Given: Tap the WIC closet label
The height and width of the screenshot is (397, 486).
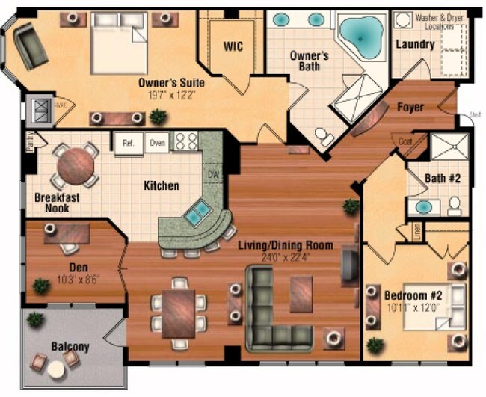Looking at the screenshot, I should [233, 46].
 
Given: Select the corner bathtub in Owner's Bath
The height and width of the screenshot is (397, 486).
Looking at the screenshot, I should [361, 34].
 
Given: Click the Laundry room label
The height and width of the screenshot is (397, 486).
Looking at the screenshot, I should [415, 45].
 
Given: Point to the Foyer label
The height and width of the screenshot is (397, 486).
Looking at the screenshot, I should [410, 108].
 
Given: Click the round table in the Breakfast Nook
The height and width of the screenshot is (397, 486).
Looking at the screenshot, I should [76, 165].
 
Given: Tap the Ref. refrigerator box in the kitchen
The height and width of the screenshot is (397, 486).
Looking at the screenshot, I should [127, 142].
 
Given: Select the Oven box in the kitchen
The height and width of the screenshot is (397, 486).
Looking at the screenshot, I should [156, 142].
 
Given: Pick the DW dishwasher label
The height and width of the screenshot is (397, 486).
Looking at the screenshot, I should [213, 174].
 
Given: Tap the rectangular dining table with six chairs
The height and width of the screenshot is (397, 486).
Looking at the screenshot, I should [178, 313].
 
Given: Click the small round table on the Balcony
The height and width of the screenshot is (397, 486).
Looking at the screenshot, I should [56, 369].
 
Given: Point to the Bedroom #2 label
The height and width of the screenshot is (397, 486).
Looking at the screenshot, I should [413, 295].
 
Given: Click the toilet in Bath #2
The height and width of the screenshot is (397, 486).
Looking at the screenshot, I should [454, 206].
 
